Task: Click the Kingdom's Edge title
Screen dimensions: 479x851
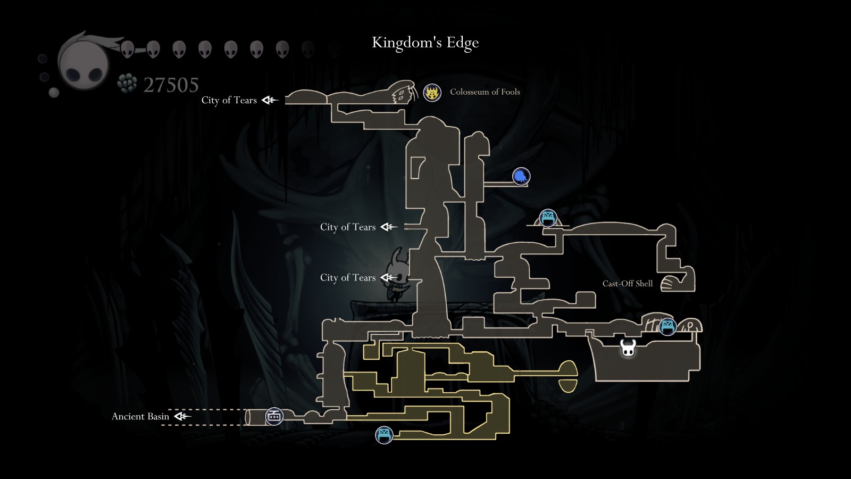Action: (425, 43)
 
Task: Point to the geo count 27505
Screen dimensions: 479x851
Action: (171, 85)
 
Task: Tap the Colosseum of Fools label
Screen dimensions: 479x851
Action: (485, 92)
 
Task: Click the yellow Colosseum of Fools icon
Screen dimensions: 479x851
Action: (432, 93)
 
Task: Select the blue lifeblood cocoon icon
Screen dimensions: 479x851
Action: (521, 176)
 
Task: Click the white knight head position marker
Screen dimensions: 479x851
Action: (628, 348)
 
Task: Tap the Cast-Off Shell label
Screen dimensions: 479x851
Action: (627, 283)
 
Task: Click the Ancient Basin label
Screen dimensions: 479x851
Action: (140, 416)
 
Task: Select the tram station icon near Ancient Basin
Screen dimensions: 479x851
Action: (274, 416)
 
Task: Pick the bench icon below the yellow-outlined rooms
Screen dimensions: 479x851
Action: (384, 435)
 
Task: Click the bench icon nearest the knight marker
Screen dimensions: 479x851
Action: (667, 326)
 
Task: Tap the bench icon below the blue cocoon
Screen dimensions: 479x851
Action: (548, 218)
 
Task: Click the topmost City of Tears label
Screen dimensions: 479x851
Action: (229, 100)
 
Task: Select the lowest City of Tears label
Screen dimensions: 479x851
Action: (348, 277)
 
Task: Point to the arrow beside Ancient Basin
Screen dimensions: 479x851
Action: (182, 416)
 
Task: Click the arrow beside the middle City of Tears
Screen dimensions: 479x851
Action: (389, 227)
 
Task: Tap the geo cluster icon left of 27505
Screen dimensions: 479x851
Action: (127, 84)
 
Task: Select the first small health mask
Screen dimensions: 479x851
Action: (127, 49)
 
